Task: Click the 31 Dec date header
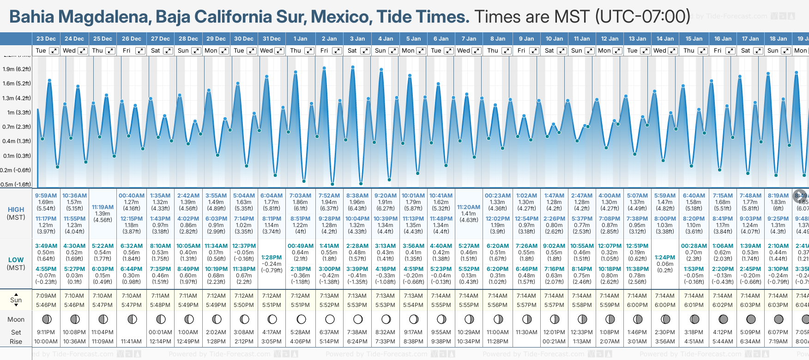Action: coord(272,39)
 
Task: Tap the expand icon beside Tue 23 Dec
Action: coord(54,51)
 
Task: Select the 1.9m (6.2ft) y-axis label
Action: coord(17,69)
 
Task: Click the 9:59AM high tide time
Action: coord(46,196)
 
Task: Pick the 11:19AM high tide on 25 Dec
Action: coord(103,207)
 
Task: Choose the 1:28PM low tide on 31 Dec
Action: coord(272,258)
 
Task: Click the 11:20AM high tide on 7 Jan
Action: coord(469,207)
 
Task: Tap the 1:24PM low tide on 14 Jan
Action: coord(665,258)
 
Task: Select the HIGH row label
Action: coord(16,210)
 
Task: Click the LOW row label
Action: coord(16,260)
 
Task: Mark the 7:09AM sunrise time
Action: coord(46,296)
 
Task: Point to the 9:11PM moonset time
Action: coord(46,332)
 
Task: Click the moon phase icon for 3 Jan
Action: coord(357,319)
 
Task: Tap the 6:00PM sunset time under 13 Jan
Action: coord(637,305)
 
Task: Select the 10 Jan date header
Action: coord(554,39)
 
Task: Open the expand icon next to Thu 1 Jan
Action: coord(309,51)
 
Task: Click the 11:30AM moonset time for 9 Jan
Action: coord(526,332)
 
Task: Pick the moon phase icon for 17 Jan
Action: coord(751,319)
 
